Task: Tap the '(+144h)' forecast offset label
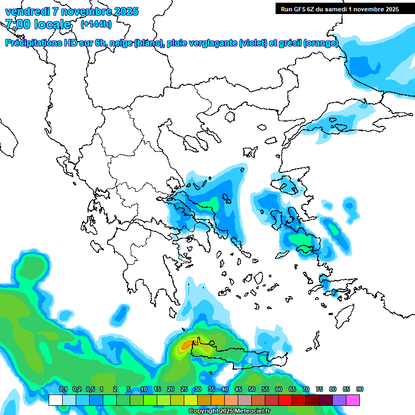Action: [x=96, y=24]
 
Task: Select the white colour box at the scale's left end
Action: [x=55, y=400]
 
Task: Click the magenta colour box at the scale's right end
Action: [x=353, y=400]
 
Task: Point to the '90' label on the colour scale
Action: [x=360, y=389]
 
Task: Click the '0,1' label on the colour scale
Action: [x=63, y=389]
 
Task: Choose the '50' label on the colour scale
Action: [x=252, y=389]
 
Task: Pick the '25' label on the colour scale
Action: [x=184, y=389]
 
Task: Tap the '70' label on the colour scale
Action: [x=306, y=389]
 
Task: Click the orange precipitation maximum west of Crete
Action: [x=188, y=344]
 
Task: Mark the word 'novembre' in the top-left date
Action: [x=82, y=11]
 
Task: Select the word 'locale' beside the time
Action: [x=52, y=24]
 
